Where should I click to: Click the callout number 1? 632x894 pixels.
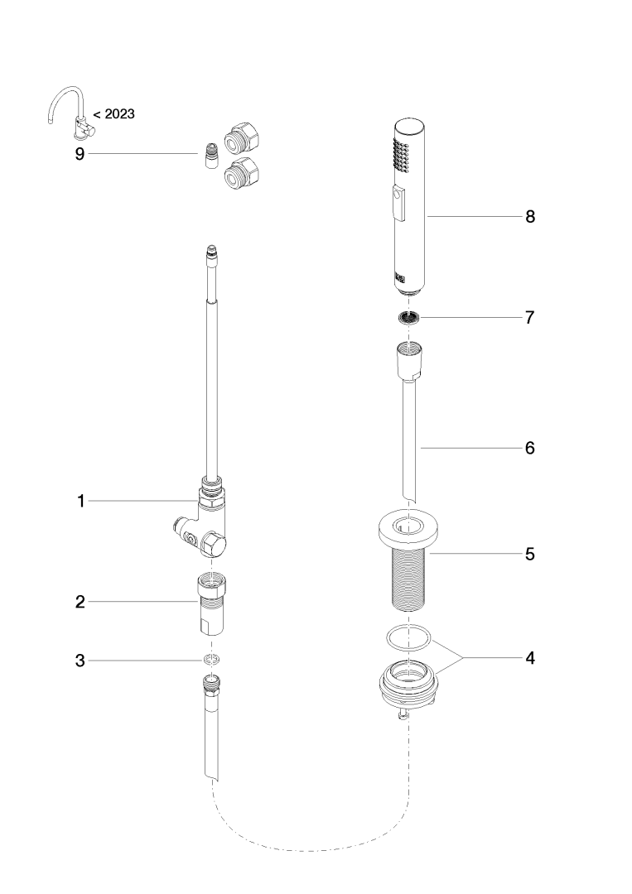(x=80, y=501)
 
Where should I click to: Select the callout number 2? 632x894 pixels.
(x=80, y=602)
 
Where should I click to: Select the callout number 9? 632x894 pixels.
(x=80, y=154)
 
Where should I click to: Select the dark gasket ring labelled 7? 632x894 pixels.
(x=407, y=317)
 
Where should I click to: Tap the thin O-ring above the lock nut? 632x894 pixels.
(x=408, y=637)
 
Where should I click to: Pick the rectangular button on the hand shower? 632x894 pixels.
(x=400, y=204)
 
